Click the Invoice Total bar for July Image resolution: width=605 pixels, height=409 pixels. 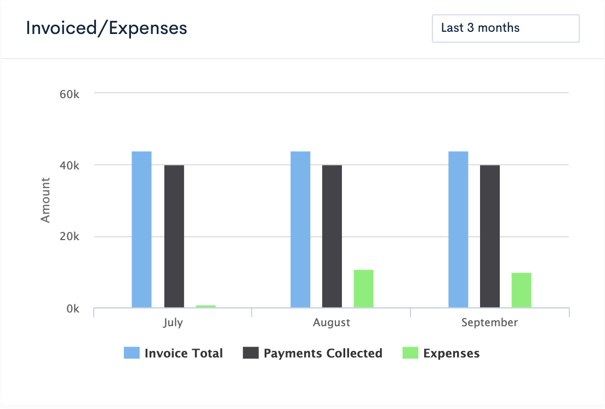point(142,230)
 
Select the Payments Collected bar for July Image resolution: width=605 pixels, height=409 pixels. point(174,236)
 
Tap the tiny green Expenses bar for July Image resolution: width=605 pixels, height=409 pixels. point(206,306)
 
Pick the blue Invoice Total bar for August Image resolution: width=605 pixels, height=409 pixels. point(300,230)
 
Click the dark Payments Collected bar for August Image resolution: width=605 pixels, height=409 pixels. point(332,236)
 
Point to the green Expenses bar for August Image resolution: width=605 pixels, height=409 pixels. point(363,289)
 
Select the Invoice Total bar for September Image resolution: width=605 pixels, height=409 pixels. point(458,230)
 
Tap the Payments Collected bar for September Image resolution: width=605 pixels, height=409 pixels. point(490,236)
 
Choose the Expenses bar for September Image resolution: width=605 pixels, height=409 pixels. point(522,290)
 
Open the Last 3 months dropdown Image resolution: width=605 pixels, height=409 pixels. point(505,28)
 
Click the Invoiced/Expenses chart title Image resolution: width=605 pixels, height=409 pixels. point(107,28)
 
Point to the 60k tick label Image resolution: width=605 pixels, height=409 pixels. point(70,94)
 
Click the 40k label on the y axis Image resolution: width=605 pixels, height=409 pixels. point(70,166)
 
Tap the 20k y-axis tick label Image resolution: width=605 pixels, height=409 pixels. point(70,237)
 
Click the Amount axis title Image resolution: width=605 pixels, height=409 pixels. point(45,200)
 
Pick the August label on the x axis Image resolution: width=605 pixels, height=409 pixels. point(332,323)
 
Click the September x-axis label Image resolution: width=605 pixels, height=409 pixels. point(489,323)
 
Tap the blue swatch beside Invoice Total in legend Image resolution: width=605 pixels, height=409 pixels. point(132,353)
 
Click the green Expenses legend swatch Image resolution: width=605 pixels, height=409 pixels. point(410,353)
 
